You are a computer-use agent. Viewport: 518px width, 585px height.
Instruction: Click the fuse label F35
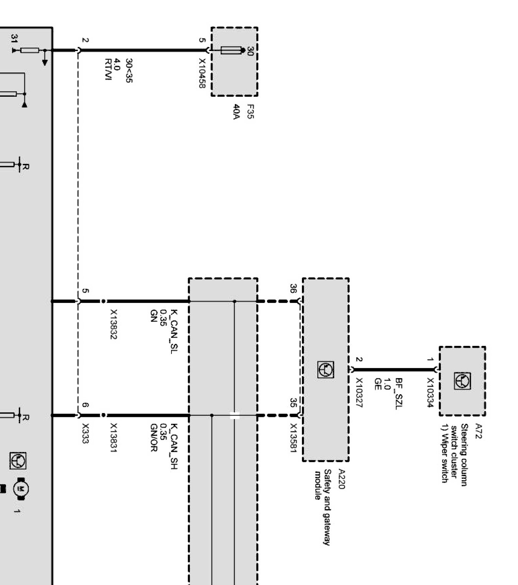(x=250, y=111)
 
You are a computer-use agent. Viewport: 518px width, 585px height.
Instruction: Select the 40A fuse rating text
(x=236, y=112)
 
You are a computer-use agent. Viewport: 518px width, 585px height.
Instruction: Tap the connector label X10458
(x=202, y=73)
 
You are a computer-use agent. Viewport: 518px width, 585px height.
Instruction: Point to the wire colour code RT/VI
(x=108, y=69)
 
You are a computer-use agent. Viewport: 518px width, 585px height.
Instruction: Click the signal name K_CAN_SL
(x=174, y=331)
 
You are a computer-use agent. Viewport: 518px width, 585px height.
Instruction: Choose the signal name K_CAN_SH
(x=174, y=446)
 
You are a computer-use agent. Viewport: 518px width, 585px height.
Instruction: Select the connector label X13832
(x=114, y=324)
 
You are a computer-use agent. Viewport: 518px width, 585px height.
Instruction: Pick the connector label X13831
(x=114, y=438)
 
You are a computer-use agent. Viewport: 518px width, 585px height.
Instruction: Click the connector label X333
(x=85, y=433)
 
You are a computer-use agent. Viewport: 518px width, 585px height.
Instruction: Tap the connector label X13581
(x=294, y=438)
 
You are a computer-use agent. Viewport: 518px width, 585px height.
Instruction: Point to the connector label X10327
(x=359, y=393)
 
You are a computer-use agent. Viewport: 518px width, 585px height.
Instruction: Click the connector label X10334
(x=430, y=393)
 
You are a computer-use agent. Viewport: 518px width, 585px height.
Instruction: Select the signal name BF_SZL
(x=399, y=394)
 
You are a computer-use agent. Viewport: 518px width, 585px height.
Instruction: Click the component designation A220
(x=341, y=479)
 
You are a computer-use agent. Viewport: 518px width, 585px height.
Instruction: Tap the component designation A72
(x=478, y=431)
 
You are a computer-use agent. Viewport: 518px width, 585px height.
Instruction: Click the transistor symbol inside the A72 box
(x=462, y=381)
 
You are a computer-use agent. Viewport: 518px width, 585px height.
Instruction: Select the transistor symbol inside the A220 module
(x=326, y=370)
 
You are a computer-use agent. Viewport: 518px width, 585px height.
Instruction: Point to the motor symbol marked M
(x=21, y=489)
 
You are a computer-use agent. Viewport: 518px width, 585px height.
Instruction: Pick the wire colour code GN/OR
(x=153, y=438)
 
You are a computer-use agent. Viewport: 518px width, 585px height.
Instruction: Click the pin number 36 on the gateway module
(x=293, y=289)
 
